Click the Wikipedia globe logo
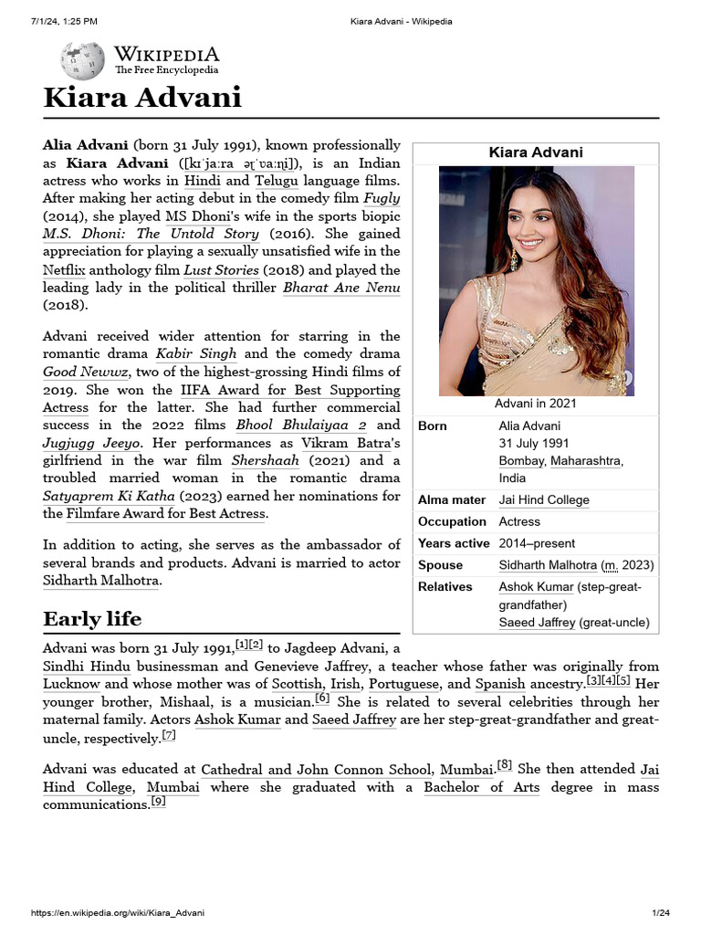(x=82, y=61)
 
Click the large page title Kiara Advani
(x=142, y=98)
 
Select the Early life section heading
(x=92, y=619)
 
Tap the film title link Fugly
(x=382, y=198)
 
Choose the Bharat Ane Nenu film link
(x=341, y=288)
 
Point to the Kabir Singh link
(x=196, y=353)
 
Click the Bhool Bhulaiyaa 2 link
(x=301, y=425)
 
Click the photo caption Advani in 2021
(x=536, y=404)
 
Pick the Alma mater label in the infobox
(x=452, y=500)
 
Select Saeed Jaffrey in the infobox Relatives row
(x=539, y=623)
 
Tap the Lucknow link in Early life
(x=72, y=684)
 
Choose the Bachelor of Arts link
(x=482, y=787)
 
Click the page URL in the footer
(x=118, y=913)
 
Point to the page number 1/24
(x=661, y=913)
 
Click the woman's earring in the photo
(x=514, y=262)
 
